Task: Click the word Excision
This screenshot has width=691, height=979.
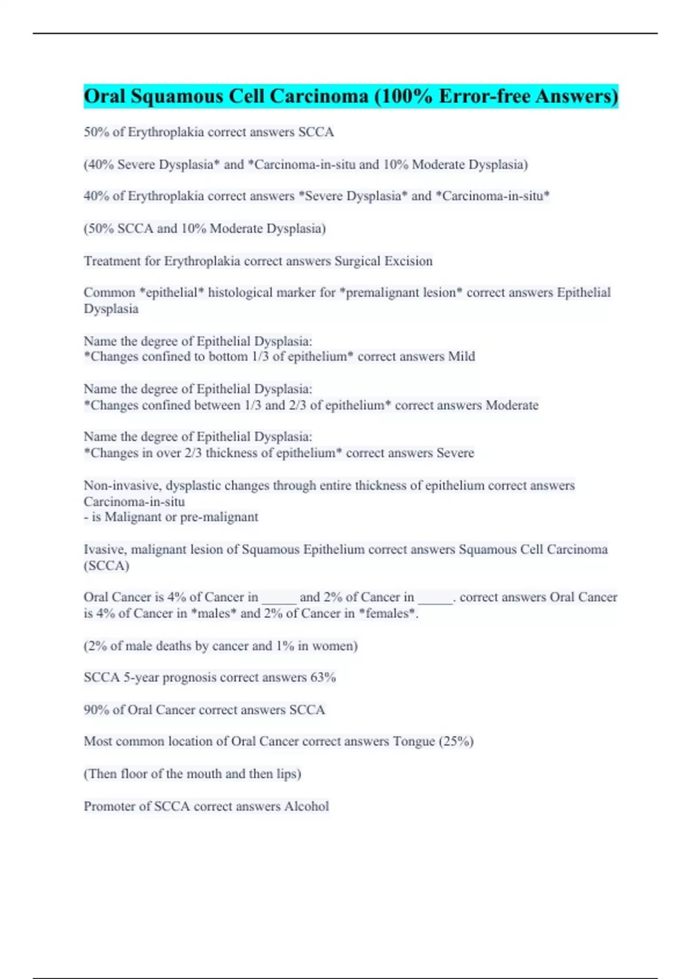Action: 408,261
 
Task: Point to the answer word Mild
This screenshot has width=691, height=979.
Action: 461,356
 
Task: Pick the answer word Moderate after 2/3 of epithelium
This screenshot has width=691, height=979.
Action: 512,405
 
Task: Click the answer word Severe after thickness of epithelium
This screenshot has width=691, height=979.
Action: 455,453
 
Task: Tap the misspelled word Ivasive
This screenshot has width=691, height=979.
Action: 105,549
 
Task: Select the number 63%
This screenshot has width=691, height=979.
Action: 323,677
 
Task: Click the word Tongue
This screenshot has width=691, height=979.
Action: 413,741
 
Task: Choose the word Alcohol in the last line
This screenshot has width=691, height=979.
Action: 306,806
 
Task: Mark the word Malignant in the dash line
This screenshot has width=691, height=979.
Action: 132,517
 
